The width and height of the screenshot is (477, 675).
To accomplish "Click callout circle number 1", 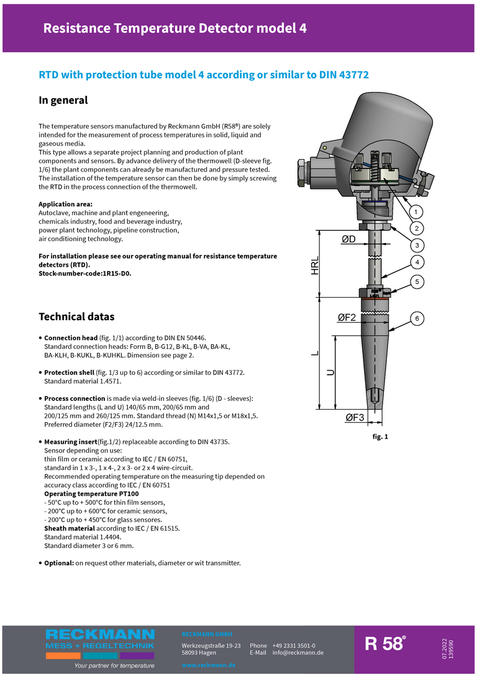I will point(417,210).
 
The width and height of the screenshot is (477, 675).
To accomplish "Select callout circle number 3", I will point(417,244).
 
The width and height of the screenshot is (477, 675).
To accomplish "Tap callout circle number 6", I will point(417,319).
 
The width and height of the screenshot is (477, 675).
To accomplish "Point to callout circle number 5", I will point(417,282).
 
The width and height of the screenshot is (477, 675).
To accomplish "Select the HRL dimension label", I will point(315,265).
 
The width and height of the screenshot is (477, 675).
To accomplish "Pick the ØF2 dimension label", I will point(347,318).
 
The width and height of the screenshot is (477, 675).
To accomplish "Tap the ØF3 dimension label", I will point(354,418).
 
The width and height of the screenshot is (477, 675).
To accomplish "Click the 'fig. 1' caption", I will point(380,437).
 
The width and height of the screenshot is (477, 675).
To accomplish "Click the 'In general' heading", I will point(63,100).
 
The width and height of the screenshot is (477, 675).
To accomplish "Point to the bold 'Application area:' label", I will point(66,204).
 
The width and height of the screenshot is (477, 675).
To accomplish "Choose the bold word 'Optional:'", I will point(58,563).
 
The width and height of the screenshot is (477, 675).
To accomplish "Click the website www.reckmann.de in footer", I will point(208,665).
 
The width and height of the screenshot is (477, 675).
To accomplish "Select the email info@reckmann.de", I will point(298,653).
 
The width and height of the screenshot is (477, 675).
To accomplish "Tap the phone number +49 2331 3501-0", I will point(293,646).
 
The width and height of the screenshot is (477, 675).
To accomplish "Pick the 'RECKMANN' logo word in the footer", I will point(100,635).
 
